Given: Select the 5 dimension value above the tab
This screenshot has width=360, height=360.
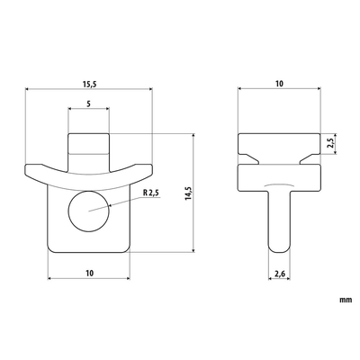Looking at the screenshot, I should tap(88, 103).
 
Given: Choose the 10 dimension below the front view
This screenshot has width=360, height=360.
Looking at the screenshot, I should tap(88, 271).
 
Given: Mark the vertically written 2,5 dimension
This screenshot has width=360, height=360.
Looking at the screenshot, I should tap(330, 143).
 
